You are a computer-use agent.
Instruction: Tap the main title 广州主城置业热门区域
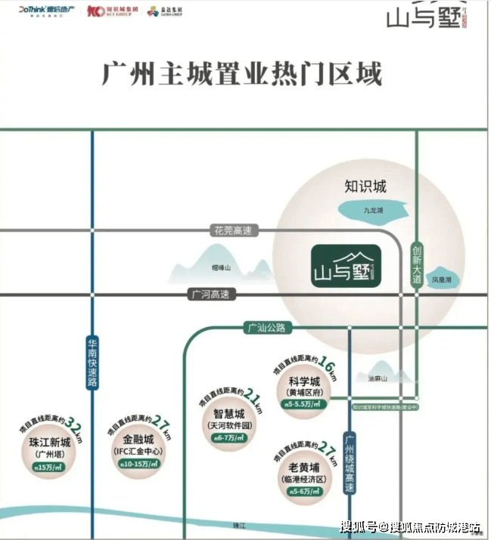point(242,75)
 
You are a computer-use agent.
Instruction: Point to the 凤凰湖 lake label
point(442,279)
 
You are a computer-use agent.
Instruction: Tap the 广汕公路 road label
point(265,328)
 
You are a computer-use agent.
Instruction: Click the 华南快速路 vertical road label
point(92,362)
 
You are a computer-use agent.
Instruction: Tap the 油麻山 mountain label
point(377,378)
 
